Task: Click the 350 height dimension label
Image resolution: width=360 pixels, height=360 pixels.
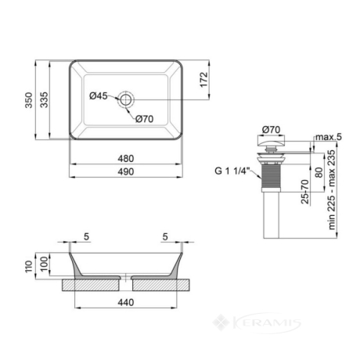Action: coord(28,100)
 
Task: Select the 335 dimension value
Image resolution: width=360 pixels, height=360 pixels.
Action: coord(44,99)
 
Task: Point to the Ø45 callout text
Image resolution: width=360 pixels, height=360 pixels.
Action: coord(99,95)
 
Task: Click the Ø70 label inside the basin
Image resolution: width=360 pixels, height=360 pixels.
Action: coord(145,119)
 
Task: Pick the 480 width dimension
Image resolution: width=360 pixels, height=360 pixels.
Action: coord(126,159)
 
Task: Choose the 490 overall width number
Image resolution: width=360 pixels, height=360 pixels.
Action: coord(126,171)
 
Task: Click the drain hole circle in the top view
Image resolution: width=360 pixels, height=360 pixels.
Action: coord(126,99)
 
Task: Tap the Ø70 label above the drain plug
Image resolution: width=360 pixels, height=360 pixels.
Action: coord(272,130)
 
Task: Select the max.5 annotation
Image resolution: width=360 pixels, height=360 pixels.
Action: coord(329,137)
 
